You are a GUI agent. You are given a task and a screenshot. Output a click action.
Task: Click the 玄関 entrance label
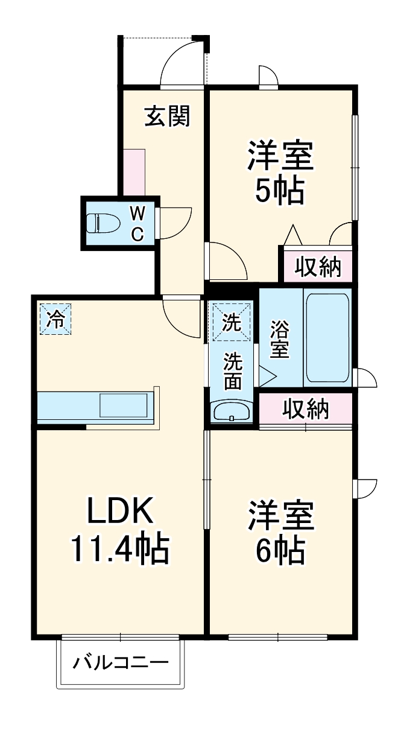(x=167, y=116)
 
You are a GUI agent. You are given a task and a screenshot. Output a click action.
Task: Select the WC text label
(x=137, y=223)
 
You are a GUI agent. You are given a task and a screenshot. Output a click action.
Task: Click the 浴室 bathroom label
(x=279, y=340)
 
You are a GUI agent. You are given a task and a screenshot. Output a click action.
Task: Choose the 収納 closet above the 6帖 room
(x=306, y=409)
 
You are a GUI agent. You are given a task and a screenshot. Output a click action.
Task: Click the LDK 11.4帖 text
(x=119, y=530)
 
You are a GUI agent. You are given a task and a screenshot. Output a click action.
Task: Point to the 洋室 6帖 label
(x=279, y=530)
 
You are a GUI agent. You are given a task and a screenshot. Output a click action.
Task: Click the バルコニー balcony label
(x=120, y=664)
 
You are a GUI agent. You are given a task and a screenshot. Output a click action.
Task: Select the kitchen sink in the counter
(x=124, y=405)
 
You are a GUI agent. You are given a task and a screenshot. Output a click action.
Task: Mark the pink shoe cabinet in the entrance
(x=134, y=172)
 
